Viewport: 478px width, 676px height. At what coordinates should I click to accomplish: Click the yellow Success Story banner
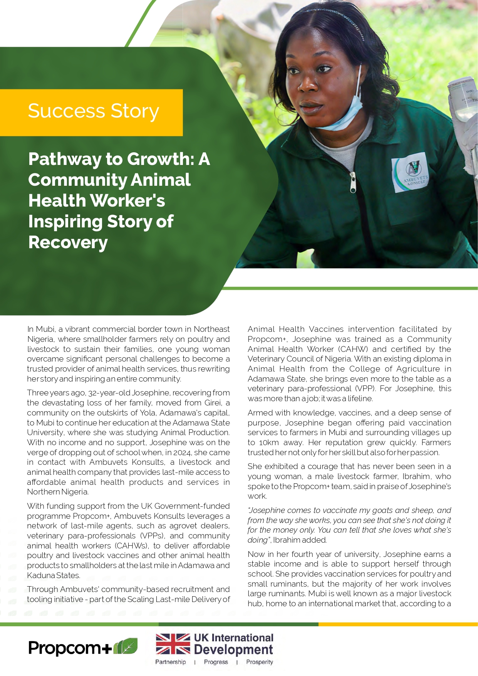tap(91, 112)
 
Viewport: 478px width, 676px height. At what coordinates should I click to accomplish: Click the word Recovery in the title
tap(68, 242)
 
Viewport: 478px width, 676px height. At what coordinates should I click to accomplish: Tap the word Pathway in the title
tap(64, 159)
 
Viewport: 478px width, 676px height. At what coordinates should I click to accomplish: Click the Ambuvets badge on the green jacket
tap(411, 173)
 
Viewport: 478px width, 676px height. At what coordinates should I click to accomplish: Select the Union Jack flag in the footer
tap(173, 644)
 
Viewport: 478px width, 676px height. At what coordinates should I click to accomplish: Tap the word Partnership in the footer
tap(170, 662)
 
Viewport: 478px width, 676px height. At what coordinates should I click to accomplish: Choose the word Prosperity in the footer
tap(259, 662)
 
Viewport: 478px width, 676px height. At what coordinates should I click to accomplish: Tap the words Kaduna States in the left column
tap(54, 575)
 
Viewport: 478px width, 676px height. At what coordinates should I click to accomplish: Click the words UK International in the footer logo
tap(233, 637)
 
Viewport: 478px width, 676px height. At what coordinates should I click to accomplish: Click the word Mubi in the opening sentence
tap(45, 329)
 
